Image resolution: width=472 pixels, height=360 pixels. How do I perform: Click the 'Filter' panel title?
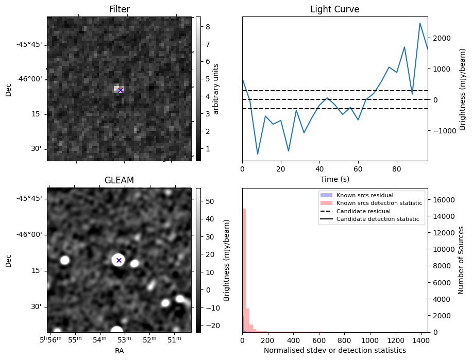[x=119, y=9]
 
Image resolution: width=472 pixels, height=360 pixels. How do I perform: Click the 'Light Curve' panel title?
[x=334, y=9]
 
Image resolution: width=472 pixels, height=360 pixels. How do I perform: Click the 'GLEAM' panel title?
[x=119, y=180]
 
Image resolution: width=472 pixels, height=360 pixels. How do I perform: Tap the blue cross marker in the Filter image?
[x=120, y=90]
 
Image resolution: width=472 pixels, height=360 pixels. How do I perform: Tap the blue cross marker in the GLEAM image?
[x=119, y=260]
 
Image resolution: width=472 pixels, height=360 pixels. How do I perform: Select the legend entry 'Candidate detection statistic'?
[x=378, y=219]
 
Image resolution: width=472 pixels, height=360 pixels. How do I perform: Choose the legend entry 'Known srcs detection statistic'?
[x=379, y=203]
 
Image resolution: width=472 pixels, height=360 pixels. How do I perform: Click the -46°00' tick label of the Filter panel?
[x=29, y=79]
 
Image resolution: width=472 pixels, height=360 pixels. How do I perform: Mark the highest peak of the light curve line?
[x=420, y=23]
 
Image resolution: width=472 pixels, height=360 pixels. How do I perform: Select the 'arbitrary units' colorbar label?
[x=216, y=89]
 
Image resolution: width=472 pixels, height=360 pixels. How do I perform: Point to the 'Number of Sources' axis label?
[x=461, y=260]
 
